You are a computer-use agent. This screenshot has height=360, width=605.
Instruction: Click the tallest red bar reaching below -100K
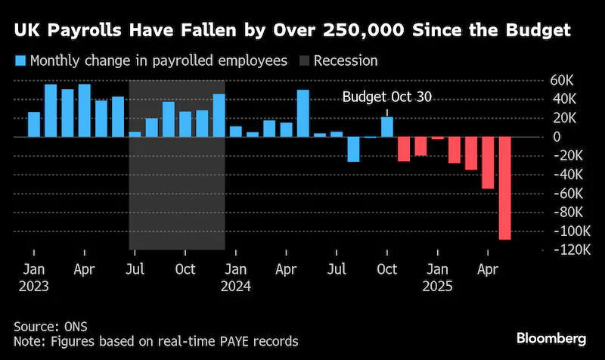tap(504, 188)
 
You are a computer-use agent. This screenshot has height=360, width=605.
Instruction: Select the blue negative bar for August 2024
tap(353, 149)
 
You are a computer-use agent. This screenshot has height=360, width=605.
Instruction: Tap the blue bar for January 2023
tap(34, 124)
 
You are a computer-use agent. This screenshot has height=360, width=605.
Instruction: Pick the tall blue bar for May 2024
tap(303, 113)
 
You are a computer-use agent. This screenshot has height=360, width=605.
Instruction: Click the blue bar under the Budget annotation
tap(387, 127)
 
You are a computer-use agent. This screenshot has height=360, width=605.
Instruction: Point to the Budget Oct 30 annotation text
tap(387, 97)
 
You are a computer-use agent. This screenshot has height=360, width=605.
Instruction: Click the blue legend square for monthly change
tap(20, 61)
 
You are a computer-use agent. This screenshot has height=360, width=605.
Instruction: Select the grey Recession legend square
tap(304, 61)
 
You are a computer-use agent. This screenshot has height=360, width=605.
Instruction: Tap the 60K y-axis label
tap(562, 80)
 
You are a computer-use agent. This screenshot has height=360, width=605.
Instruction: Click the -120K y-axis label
tap(572, 250)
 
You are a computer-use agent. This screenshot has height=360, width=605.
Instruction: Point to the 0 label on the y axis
tap(557, 137)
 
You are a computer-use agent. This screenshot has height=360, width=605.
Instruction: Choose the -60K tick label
tap(568, 194)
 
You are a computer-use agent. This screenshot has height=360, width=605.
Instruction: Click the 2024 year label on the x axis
tap(236, 287)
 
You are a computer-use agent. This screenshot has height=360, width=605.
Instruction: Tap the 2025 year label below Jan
tap(438, 287)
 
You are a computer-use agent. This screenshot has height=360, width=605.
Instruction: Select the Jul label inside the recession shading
tap(135, 269)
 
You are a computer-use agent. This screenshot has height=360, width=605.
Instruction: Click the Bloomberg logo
tap(551, 338)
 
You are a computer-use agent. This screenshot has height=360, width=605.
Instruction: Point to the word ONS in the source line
tap(76, 327)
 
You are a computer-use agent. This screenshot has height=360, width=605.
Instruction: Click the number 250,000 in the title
tap(364, 30)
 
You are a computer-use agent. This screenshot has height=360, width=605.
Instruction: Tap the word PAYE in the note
tap(235, 342)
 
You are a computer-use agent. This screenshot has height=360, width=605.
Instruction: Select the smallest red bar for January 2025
tap(438, 138)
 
